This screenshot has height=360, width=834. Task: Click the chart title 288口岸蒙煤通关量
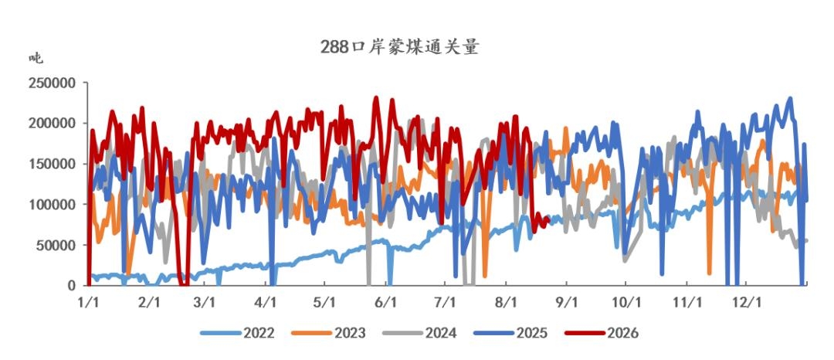tap(399, 47)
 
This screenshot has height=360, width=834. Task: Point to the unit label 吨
tap(36, 58)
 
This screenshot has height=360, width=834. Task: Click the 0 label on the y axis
tap(71, 286)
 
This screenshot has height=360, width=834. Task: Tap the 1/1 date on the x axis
tap(88, 302)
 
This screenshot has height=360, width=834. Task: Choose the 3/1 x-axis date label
tap(205, 302)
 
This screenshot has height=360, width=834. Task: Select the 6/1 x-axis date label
tap(386, 302)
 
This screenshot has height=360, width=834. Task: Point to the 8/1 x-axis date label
tap(507, 302)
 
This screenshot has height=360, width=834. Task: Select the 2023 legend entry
tap(329, 334)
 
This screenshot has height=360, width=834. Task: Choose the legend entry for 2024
tap(419, 334)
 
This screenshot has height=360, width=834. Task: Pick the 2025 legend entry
tap(510, 334)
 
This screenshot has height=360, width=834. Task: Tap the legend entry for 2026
tap(602, 334)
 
